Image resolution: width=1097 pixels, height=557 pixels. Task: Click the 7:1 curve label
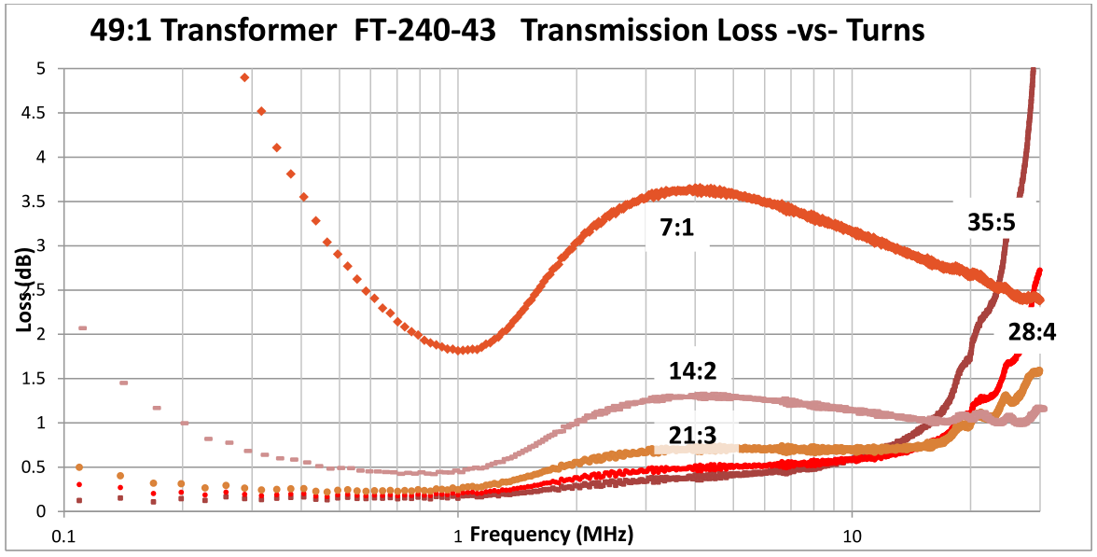pyautogui.click(x=678, y=228)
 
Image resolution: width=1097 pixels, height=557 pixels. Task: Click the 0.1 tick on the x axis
pyautogui.click(x=63, y=537)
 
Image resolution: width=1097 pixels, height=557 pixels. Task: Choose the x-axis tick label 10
pyautogui.click(x=851, y=537)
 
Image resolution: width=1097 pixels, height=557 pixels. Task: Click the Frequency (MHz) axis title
pyautogui.click(x=551, y=535)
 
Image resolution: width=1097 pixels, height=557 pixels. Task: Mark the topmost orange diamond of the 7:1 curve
pyautogui.click(x=244, y=77)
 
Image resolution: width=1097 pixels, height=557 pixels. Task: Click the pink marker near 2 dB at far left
pyautogui.click(x=82, y=328)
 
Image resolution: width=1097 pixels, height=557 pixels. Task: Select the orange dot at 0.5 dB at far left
pyautogui.click(x=79, y=467)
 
